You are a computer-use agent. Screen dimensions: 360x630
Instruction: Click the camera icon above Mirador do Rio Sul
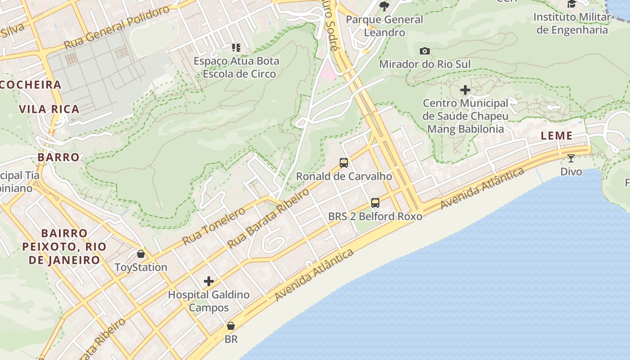point(424,51)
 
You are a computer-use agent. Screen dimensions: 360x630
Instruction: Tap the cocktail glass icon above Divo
point(571,158)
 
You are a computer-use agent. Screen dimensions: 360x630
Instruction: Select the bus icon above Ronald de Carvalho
point(344,162)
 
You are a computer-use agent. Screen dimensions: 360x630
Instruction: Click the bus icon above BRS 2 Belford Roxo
point(375,202)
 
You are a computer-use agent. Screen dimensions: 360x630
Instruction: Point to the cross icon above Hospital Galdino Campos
point(209,281)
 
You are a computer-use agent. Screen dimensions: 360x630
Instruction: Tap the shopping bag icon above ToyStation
point(141,254)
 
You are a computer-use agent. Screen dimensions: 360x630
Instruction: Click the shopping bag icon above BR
point(231,325)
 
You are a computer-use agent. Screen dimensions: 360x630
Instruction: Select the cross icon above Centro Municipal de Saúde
point(465,90)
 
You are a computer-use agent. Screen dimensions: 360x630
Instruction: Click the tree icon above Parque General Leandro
point(384,6)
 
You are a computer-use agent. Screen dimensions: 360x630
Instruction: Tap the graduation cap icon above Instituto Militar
point(571,4)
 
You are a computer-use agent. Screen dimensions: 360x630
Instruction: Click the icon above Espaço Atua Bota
point(236,47)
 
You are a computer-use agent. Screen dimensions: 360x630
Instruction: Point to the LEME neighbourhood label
point(557,135)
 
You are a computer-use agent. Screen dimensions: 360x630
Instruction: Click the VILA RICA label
point(49,109)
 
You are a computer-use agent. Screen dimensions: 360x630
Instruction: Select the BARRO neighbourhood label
point(58,157)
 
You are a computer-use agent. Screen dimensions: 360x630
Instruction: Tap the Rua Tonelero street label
point(214,226)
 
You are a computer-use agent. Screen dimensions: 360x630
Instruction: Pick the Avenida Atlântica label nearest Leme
point(482,188)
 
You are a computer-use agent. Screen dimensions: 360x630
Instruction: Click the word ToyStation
point(141,267)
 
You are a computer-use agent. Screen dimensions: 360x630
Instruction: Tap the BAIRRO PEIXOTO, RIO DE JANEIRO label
point(64,247)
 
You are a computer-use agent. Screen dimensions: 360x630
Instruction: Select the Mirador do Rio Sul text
point(424,64)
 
